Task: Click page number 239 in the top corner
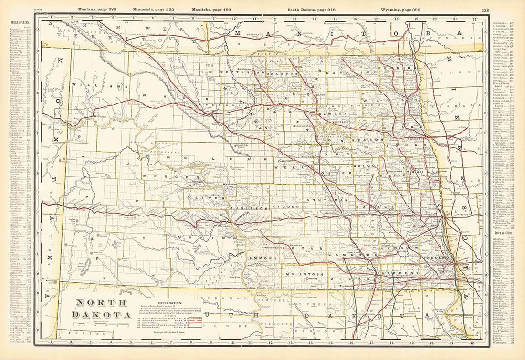point(485,10)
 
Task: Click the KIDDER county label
point(281,206)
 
